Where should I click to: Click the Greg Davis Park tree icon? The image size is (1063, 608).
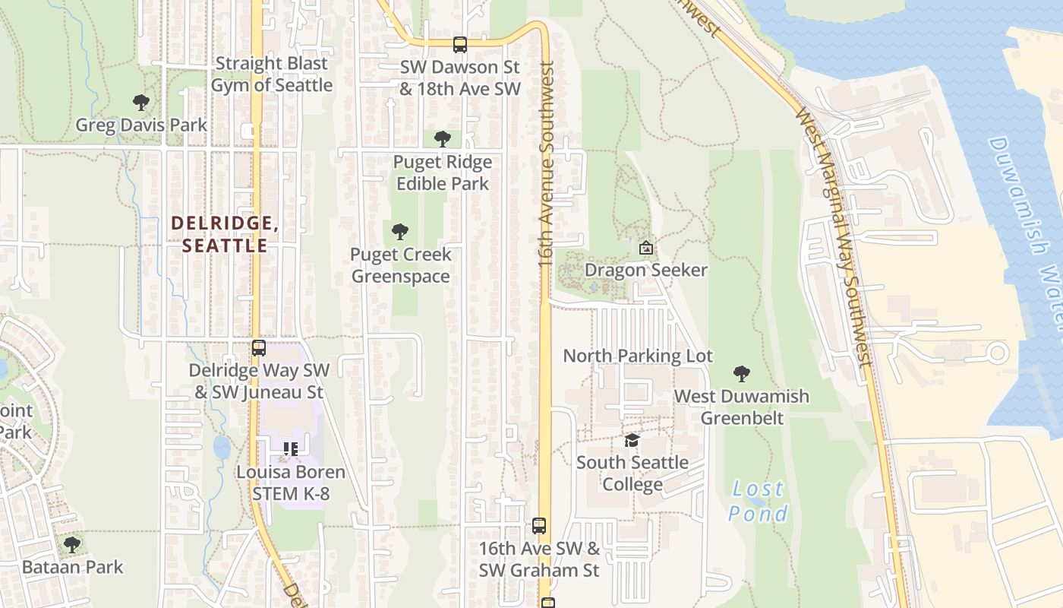(x=140, y=102)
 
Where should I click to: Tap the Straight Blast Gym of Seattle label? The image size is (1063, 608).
(x=271, y=74)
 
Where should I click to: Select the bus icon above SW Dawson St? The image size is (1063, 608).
(x=460, y=45)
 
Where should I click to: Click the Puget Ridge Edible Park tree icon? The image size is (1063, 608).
(x=443, y=139)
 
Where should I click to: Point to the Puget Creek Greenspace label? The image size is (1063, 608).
(x=401, y=265)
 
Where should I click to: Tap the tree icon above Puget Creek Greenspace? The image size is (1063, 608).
(x=400, y=232)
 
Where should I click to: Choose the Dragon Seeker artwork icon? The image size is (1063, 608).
(x=645, y=248)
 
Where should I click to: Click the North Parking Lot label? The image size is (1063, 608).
(x=638, y=356)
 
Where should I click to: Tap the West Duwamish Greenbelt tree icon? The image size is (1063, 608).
(x=742, y=373)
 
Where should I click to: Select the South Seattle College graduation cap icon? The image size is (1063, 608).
(x=632, y=440)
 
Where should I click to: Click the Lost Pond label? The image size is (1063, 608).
(x=758, y=501)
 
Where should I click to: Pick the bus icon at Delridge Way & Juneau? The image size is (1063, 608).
(x=259, y=348)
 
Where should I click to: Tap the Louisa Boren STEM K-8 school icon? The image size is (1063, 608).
(x=290, y=449)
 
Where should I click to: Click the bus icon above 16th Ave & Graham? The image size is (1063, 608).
(x=539, y=525)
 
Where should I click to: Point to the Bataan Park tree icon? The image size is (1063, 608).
(x=72, y=544)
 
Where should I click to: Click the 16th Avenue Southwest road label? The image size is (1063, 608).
(x=547, y=163)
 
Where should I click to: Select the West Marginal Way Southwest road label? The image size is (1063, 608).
(x=831, y=236)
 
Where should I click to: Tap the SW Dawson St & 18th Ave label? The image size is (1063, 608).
(x=460, y=78)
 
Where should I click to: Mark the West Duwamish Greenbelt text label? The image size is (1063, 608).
(x=742, y=407)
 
